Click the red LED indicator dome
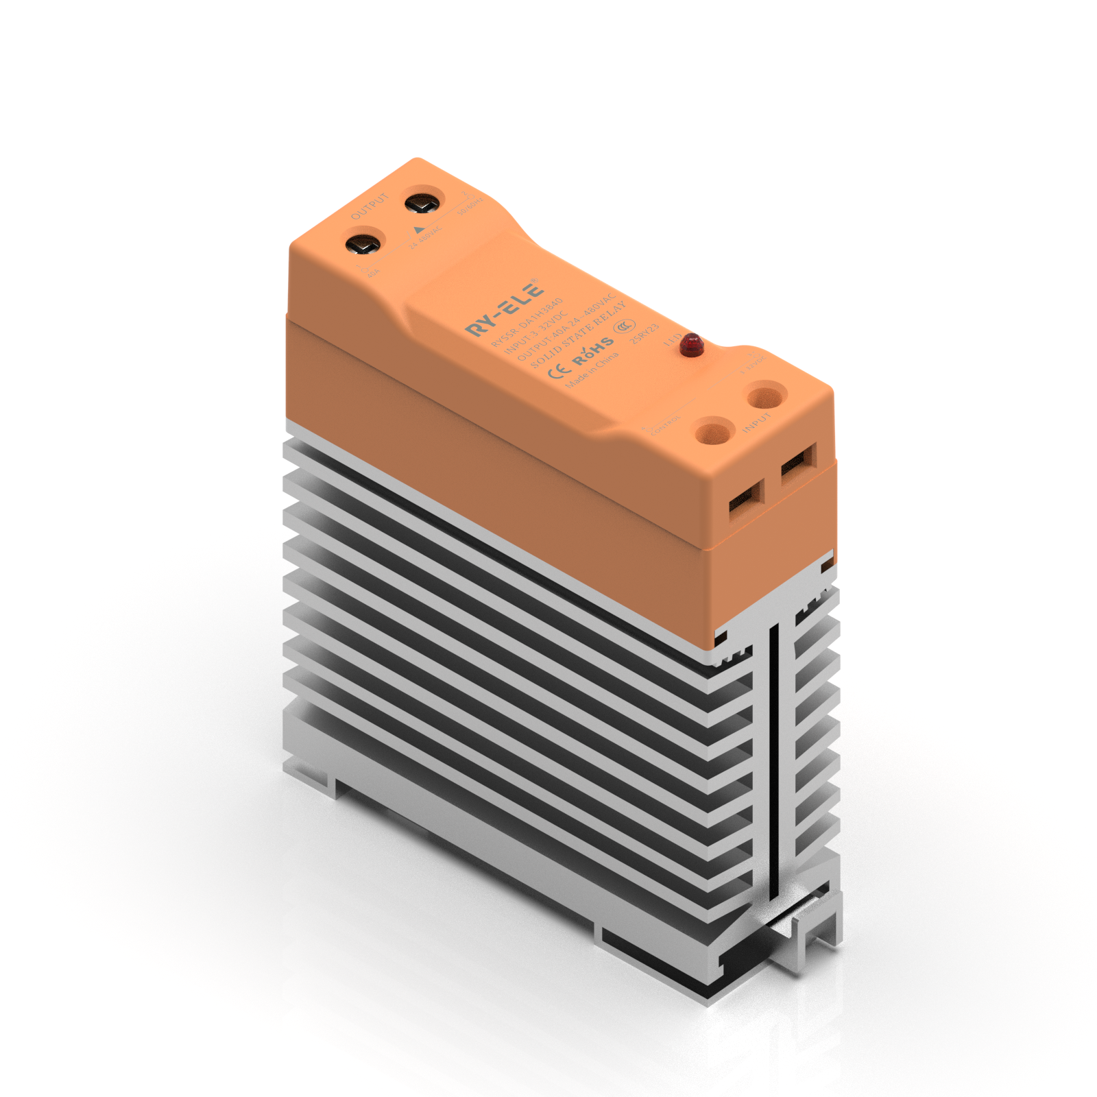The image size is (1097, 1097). [692, 344]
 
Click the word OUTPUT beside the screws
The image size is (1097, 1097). [370, 206]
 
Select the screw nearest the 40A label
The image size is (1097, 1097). [363, 244]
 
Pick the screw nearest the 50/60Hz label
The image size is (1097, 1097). [422, 204]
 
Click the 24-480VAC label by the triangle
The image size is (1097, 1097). [426, 238]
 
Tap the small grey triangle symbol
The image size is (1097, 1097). [419, 230]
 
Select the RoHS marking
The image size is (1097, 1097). [594, 351]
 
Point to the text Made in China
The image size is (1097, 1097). [592, 370]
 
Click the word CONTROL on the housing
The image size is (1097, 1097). [665, 424]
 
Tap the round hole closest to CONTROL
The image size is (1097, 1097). [712, 433]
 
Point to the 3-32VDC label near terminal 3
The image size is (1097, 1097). [754, 365]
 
